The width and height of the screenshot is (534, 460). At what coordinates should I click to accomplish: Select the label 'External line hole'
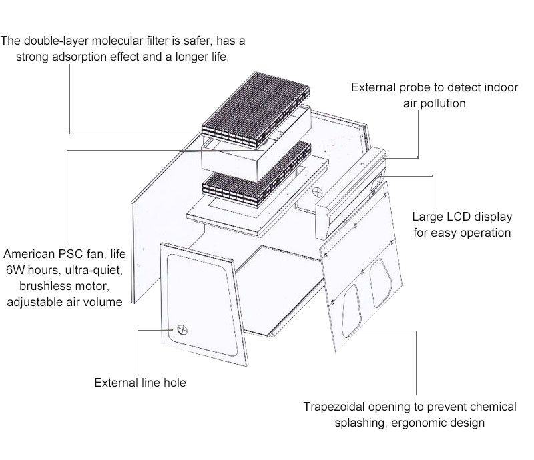click(140, 383)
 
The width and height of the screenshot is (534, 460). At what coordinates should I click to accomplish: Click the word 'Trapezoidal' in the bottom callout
click(334, 407)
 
